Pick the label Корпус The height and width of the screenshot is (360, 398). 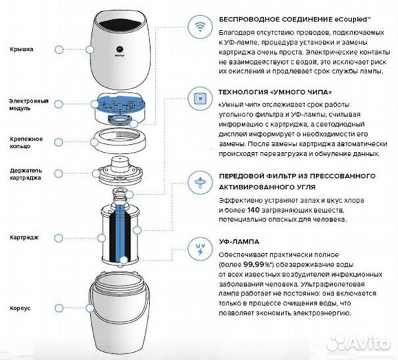click(18, 309)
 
